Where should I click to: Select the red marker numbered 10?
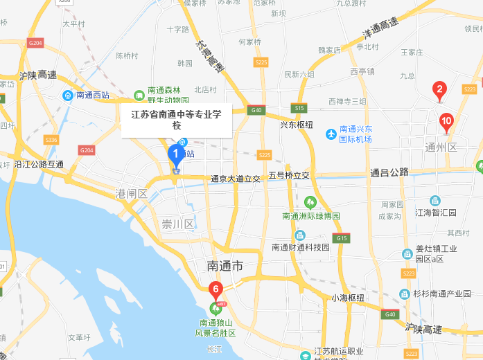(x=446, y=123)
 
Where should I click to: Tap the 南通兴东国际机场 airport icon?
(x=331, y=132)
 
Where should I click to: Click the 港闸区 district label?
(x=132, y=193)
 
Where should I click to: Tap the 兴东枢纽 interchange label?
(x=297, y=125)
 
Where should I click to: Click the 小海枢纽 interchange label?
(x=347, y=298)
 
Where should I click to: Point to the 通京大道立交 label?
(x=236, y=179)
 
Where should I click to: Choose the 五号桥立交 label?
(x=289, y=176)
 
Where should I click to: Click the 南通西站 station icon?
(x=68, y=95)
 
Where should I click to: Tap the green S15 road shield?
(x=299, y=108)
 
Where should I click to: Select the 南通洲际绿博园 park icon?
(x=310, y=202)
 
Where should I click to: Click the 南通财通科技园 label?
(x=300, y=247)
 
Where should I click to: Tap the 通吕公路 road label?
(x=389, y=172)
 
